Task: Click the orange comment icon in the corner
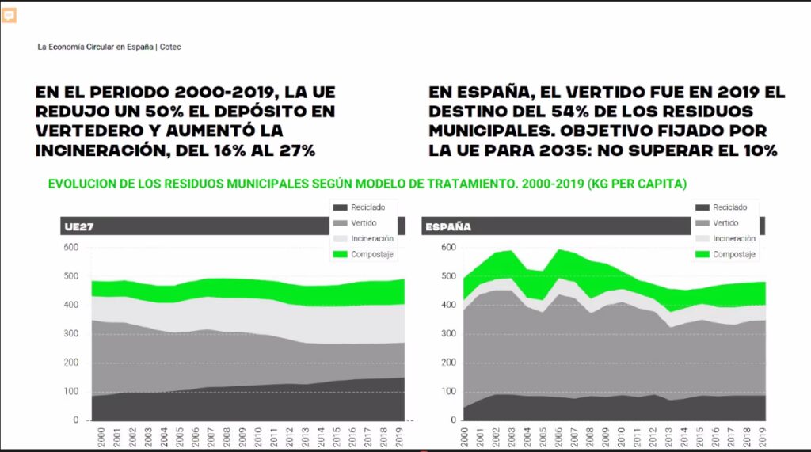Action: [x=10, y=15]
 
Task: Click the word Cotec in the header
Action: [x=170, y=47]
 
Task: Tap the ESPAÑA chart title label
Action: [x=448, y=227]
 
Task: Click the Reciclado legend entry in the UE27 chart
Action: [x=361, y=207]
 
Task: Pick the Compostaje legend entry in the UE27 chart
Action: [x=364, y=254]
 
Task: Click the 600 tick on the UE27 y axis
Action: [x=71, y=248]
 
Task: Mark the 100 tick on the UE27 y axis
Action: [x=71, y=392]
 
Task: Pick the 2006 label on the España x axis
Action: [x=560, y=438]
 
